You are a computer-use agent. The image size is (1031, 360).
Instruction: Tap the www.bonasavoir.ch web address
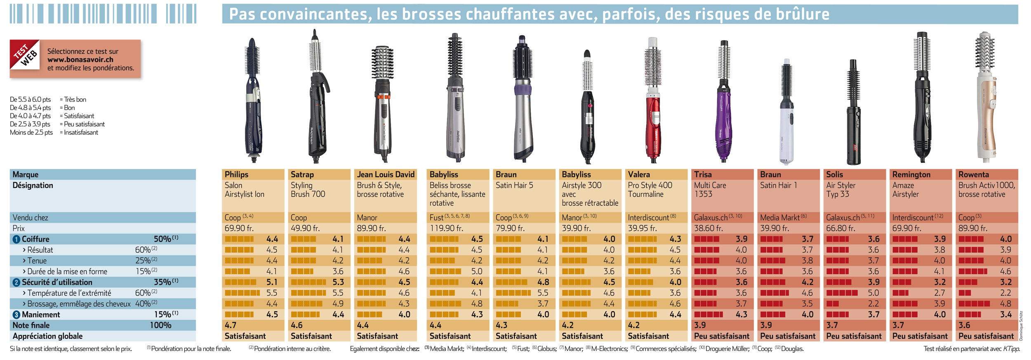80,59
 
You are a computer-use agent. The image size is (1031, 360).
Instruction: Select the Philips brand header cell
253,174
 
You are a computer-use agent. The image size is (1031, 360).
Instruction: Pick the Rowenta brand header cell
987,174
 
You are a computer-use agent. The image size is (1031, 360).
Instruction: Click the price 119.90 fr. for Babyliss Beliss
446,228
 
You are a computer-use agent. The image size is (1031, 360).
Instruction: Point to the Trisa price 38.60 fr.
709,228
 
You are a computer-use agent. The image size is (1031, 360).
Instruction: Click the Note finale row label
31,325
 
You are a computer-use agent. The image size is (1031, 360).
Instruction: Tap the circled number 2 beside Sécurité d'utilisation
16,282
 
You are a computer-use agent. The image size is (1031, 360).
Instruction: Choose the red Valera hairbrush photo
653,99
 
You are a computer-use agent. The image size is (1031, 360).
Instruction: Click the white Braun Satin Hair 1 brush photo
786,111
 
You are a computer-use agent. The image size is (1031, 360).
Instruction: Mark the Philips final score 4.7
231,325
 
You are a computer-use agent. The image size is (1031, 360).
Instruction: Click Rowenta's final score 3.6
964,325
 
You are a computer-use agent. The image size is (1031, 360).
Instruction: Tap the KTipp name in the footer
1012,349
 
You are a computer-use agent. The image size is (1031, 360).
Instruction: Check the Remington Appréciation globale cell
920,336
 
